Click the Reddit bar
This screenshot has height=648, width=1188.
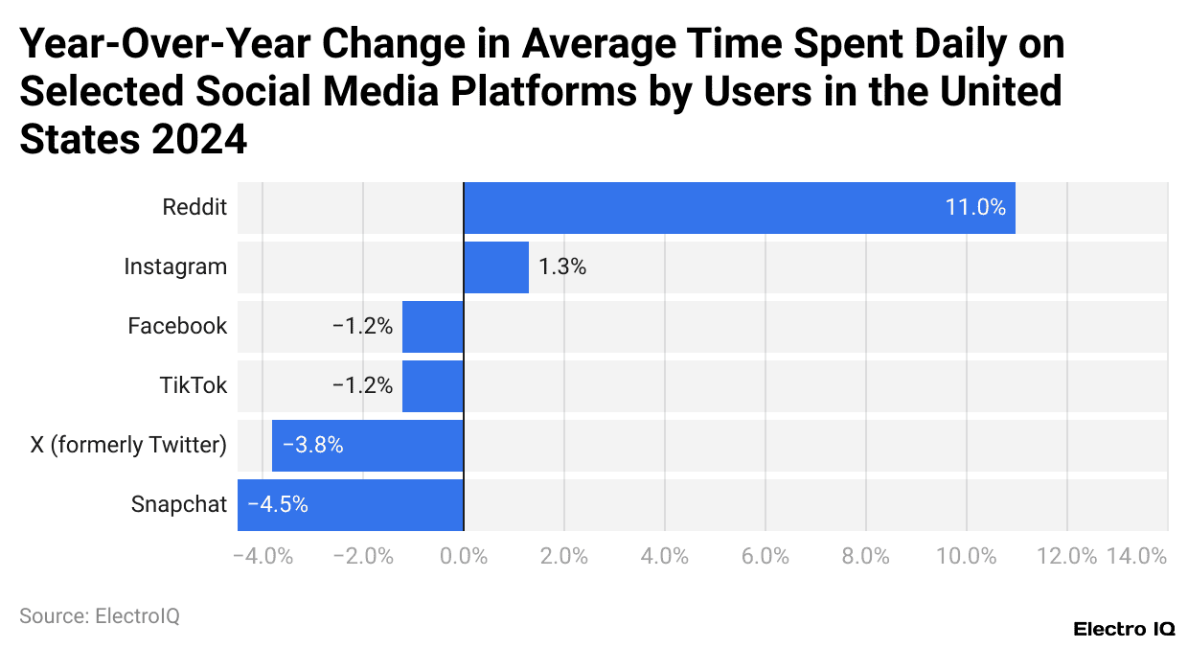[739, 207]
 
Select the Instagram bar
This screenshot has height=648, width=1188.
[496, 266]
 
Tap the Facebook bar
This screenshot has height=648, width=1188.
[433, 326]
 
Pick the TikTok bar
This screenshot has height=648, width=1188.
[433, 385]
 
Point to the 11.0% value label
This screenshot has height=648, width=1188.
[975, 207]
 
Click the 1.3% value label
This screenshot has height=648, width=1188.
[562, 266]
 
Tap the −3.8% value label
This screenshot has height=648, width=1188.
[312, 445]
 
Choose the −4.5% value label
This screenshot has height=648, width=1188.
[278, 504]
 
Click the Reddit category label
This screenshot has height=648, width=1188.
[194, 207]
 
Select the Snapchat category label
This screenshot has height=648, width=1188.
[179, 504]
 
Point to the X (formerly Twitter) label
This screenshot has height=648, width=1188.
[128, 445]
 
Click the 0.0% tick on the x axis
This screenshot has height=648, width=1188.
[464, 556]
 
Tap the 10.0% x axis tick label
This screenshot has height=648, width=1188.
[966, 556]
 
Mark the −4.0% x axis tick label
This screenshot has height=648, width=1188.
[263, 556]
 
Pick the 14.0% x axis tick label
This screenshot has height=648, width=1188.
[1136, 556]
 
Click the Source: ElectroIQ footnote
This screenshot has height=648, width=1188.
[100, 616]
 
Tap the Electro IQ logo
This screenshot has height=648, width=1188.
[1123, 630]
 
